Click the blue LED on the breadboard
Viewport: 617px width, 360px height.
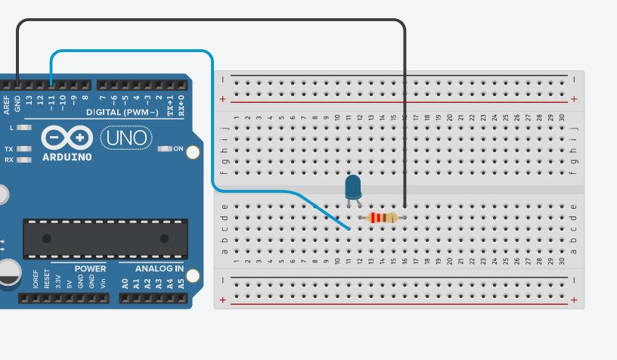click(353, 187)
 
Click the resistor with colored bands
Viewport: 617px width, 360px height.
click(382, 218)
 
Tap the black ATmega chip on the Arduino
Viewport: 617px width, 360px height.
click(105, 238)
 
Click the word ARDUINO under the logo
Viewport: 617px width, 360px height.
click(67, 157)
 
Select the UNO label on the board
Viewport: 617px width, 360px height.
click(126, 138)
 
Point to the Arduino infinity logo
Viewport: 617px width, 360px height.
click(67, 138)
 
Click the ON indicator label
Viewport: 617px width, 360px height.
click(178, 149)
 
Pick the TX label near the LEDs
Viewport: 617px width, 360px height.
click(9, 149)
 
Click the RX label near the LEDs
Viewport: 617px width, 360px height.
click(9, 160)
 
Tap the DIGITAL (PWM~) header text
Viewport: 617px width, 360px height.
click(122, 112)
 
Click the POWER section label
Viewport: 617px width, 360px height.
click(90, 268)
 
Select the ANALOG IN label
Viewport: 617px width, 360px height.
click(159, 268)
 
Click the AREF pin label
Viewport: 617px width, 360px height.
click(7, 104)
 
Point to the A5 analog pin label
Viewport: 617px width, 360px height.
click(181, 284)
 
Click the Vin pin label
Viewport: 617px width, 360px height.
click(103, 284)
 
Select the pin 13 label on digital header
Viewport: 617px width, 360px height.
click(29, 100)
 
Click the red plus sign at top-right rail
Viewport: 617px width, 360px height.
click(574, 99)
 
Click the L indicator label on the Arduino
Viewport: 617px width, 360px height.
click(11, 128)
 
